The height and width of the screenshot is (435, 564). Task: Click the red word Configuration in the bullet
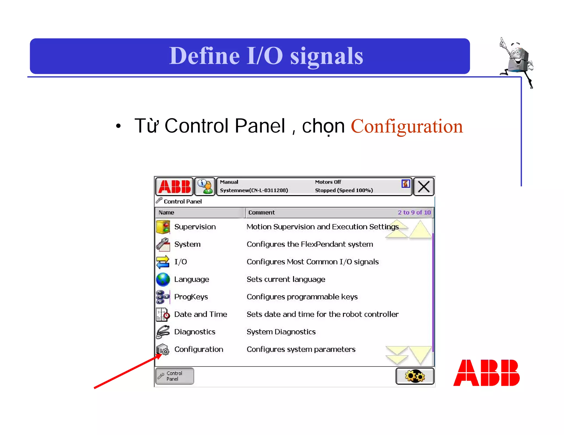click(x=406, y=126)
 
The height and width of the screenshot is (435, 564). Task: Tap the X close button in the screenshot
click(x=424, y=187)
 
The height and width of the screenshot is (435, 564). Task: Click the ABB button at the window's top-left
click(x=174, y=187)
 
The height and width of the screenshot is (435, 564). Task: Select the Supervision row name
click(x=195, y=227)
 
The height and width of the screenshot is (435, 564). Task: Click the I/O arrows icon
click(x=163, y=262)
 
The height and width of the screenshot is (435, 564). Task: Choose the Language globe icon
click(x=163, y=279)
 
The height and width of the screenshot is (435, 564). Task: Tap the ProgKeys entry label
click(x=191, y=297)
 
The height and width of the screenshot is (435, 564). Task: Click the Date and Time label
click(x=200, y=314)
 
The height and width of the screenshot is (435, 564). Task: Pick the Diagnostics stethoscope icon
click(x=163, y=332)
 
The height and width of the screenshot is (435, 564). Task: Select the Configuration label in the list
click(x=199, y=349)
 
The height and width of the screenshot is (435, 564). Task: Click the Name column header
click(x=166, y=213)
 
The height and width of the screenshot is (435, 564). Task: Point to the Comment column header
click(x=261, y=213)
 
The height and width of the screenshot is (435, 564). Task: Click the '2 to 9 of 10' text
click(x=414, y=213)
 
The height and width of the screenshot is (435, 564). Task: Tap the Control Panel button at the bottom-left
click(x=175, y=376)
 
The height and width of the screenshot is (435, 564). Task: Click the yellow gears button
click(x=415, y=376)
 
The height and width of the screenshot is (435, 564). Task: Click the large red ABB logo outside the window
click(x=486, y=373)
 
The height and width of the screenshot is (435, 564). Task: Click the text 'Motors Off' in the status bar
click(x=328, y=182)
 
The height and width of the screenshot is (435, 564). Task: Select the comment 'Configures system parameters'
click(x=301, y=349)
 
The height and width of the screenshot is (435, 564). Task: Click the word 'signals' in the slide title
click(x=327, y=56)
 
